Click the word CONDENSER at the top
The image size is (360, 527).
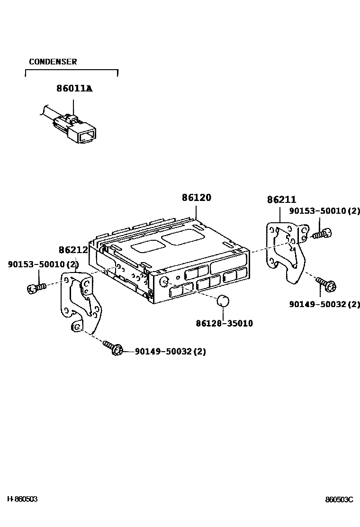(x=53, y=62)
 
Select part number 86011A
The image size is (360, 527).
(x=74, y=88)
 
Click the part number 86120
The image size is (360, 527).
(x=196, y=198)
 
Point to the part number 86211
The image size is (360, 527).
(x=281, y=200)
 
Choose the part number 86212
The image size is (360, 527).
(x=73, y=250)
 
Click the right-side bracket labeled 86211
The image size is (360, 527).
(x=285, y=254)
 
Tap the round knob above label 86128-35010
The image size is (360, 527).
(x=223, y=301)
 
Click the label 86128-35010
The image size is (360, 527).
(x=224, y=323)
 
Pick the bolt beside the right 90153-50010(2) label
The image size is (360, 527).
(x=322, y=233)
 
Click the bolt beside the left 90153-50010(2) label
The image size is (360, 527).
(x=36, y=287)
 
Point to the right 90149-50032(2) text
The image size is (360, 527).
(x=324, y=304)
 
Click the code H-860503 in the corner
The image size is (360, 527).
(x=22, y=499)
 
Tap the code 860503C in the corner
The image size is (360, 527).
(x=339, y=500)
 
